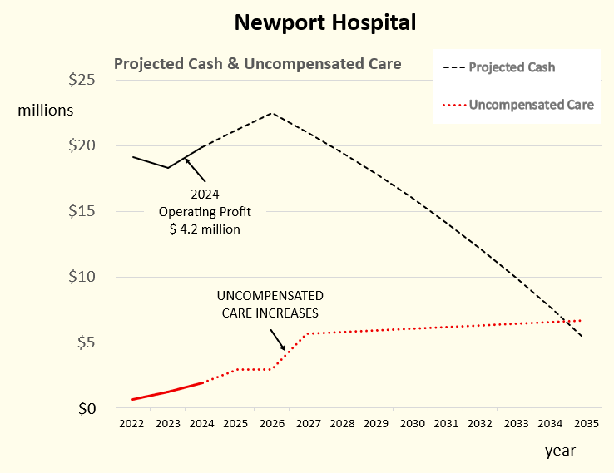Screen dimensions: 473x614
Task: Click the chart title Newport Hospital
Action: click(324, 22)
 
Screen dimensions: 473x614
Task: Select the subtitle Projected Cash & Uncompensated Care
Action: click(257, 64)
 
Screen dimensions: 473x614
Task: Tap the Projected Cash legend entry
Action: click(512, 67)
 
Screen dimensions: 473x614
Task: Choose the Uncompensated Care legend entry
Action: click(531, 105)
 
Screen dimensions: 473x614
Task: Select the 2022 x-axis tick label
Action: click(131, 425)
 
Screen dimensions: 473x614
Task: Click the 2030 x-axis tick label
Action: click(411, 425)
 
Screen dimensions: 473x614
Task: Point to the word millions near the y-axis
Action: click(46, 110)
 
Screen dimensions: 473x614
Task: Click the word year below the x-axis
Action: click(560, 451)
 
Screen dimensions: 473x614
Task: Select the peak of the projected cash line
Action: click(271, 113)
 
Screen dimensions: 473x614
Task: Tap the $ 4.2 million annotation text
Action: click(205, 229)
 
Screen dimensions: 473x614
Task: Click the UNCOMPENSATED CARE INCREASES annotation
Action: click(270, 304)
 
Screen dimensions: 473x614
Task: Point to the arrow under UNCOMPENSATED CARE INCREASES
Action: click(280, 338)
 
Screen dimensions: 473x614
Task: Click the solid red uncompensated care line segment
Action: click(168, 392)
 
